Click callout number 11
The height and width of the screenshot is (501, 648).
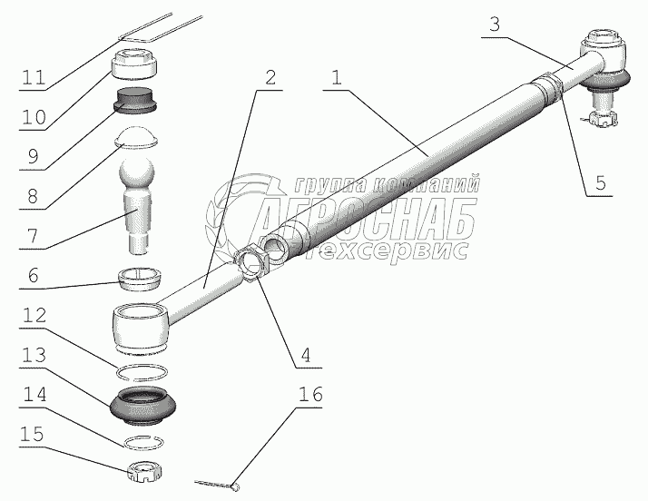(34, 78)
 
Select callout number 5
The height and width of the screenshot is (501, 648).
(600, 182)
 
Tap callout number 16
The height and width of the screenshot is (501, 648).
(310, 394)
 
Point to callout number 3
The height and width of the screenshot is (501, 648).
(495, 25)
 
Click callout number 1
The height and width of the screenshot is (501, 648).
(337, 77)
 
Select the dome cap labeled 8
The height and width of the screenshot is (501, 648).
(136, 137)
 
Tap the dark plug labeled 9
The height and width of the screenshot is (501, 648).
(136, 100)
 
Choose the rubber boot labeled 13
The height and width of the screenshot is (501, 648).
(143, 405)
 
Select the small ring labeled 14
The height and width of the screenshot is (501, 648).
(143, 442)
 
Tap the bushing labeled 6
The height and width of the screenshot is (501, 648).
(140, 278)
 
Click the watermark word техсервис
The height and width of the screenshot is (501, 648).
(391, 250)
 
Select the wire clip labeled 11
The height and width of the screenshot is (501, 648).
(161, 28)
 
